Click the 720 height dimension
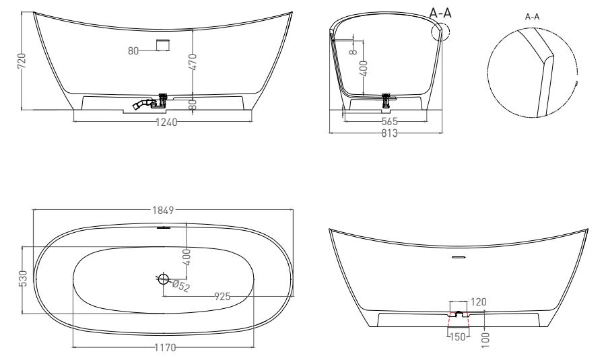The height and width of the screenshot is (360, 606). click(x=22, y=62)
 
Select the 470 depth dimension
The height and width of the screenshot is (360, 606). click(x=193, y=62)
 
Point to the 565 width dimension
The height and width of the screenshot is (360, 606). click(x=389, y=122)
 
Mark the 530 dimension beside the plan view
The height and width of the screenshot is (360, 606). click(x=22, y=279)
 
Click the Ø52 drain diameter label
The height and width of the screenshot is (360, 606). click(x=181, y=285)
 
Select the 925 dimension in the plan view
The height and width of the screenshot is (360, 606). click(x=224, y=295)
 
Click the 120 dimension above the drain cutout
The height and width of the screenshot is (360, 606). click(x=478, y=303)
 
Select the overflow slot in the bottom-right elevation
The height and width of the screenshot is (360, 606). click(x=459, y=257)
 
